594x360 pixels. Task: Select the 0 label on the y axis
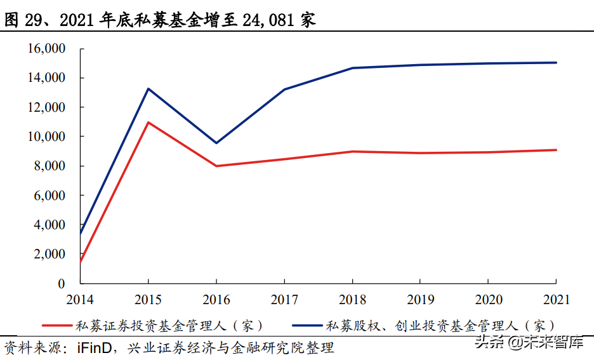(62, 283)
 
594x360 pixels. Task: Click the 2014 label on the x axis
(80, 299)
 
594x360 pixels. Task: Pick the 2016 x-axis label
(216, 299)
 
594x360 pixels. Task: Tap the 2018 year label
(352, 299)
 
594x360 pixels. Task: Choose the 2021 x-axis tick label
(556, 299)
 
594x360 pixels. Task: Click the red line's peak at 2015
(148, 123)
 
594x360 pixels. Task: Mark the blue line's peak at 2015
(148, 89)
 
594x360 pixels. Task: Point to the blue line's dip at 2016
(216, 143)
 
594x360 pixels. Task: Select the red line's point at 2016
(216, 166)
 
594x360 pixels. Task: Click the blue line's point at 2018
(352, 68)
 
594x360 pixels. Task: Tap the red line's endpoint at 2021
(556, 150)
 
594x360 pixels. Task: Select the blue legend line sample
(307, 326)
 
